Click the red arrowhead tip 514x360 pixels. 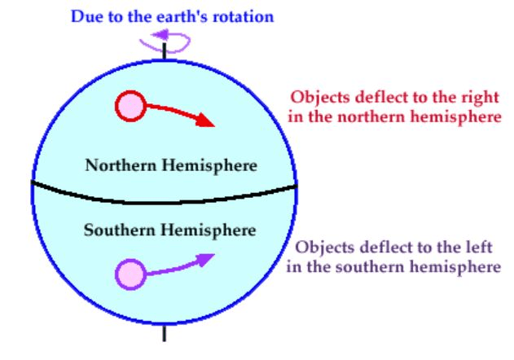(x=215, y=126)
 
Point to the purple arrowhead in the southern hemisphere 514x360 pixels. (x=206, y=259)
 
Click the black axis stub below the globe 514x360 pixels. (x=165, y=333)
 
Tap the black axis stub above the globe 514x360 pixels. (x=165, y=51)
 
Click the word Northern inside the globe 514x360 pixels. (x=121, y=165)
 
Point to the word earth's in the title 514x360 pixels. (x=182, y=16)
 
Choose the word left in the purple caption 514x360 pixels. (x=479, y=247)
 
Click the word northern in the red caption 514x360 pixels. (x=371, y=116)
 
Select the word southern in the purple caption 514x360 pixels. (x=370, y=266)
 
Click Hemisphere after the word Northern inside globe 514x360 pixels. (x=210, y=165)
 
